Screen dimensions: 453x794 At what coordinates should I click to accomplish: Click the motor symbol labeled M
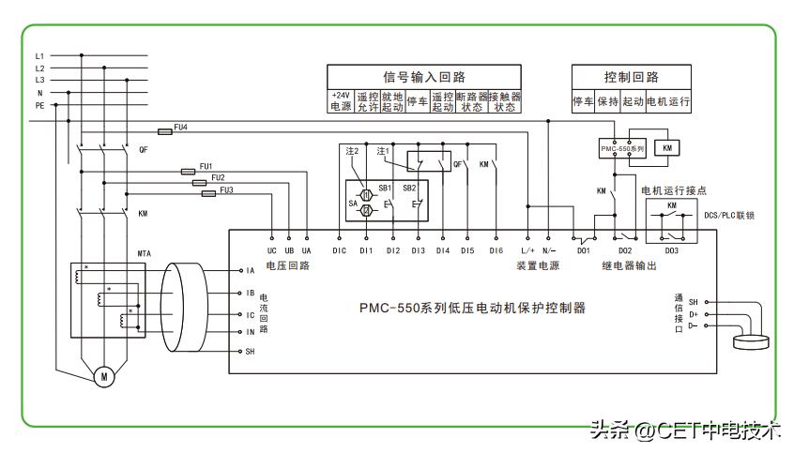tap(105, 376)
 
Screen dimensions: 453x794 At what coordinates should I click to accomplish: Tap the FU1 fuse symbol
tap(188, 172)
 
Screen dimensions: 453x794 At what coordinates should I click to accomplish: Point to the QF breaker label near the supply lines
tap(143, 150)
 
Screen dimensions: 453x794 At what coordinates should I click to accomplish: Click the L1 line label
tap(39, 56)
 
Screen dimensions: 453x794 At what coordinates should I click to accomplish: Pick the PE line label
tap(39, 105)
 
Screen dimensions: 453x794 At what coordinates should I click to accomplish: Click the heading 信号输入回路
tap(424, 77)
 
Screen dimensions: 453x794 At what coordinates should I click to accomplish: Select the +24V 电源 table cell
tap(340, 101)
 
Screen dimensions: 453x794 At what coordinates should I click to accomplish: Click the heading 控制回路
tap(631, 77)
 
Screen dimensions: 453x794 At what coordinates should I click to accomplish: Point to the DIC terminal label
tap(340, 250)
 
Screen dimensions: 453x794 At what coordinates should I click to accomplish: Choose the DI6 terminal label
tap(496, 250)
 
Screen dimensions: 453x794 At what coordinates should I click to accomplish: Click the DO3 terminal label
tap(672, 250)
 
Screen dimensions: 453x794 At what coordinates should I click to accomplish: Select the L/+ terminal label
tap(527, 250)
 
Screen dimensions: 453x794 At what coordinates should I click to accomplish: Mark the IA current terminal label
tap(251, 271)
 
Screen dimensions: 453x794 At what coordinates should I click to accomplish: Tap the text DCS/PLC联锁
tap(730, 215)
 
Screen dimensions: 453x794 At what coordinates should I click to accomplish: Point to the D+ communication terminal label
tap(694, 313)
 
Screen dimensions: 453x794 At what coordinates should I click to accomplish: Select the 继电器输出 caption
tap(629, 266)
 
